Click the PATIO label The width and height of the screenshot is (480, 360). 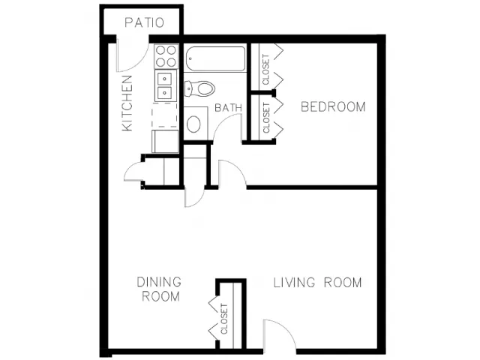[144, 23]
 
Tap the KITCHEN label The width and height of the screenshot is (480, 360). [127, 103]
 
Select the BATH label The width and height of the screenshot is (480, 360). [228, 108]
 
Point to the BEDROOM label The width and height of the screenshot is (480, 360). [333, 106]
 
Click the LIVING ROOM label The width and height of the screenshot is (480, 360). [317, 283]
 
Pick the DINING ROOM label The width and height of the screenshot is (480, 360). [159, 289]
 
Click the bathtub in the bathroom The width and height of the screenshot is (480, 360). [215, 58]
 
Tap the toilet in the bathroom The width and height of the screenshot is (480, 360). [200, 88]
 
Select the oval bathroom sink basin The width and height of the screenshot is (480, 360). [193, 124]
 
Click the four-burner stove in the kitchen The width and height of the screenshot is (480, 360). [166, 56]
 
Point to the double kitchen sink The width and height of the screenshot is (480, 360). [165, 85]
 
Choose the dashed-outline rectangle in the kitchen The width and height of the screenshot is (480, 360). [165, 115]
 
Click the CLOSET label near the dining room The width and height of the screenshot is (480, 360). [224, 319]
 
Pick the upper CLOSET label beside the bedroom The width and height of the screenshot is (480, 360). [265, 70]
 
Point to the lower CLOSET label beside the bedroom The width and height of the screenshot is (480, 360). [266, 118]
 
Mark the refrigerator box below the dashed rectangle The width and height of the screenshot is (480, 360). [165, 141]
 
